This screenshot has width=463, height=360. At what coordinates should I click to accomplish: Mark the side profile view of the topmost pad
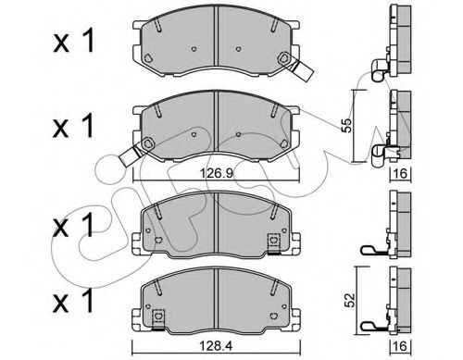tap(401, 42)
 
